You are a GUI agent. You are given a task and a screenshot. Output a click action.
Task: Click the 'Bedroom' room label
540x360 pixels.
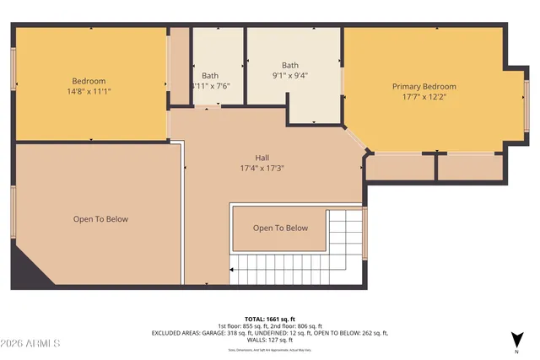tap(88, 81)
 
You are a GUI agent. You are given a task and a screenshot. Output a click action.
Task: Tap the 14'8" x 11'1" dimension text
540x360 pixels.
tap(89, 91)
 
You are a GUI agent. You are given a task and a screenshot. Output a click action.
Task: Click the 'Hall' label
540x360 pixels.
tap(262, 157)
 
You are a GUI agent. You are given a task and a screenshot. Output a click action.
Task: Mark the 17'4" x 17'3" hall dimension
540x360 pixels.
tap(262, 168)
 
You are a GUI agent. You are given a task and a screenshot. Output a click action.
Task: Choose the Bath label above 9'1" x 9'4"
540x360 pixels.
tap(289, 65)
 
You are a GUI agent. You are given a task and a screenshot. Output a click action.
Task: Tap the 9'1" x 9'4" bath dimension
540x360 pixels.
tap(289, 74)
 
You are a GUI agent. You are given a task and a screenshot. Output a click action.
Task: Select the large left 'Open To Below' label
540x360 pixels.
tap(100, 219)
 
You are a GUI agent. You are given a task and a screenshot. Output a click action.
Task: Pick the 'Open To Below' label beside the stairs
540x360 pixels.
tap(280, 228)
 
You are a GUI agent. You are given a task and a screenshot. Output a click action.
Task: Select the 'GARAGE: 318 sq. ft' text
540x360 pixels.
tap(224, 334)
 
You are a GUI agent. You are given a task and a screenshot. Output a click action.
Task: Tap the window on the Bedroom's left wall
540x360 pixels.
tap(13, 70)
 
